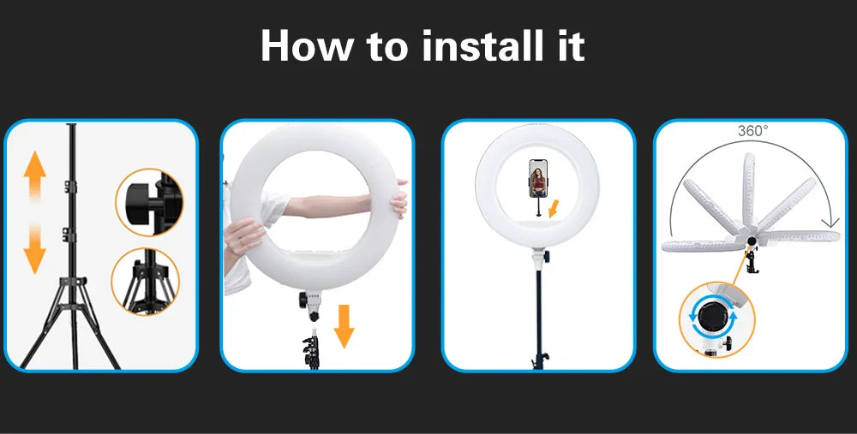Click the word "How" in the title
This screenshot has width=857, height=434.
(307, 46)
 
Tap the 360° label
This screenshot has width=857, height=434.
(752, 131)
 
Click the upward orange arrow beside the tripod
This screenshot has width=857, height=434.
(34, 175)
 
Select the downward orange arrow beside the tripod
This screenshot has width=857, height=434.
(34, 248)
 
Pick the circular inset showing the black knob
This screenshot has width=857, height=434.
(148, 202)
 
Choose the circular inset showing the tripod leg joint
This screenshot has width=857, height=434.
(146, 281)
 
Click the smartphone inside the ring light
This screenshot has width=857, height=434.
(538, 178)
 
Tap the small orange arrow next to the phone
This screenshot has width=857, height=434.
(553, 208)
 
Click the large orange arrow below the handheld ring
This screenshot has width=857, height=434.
(344, 326)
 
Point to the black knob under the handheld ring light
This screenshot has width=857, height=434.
(303, 300)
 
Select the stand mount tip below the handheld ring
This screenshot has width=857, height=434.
(313, 333)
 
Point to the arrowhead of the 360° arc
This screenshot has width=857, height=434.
(830, 221)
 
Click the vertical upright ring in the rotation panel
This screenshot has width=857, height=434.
(747, 190)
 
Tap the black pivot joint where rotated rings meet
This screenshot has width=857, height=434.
(752, 241)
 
